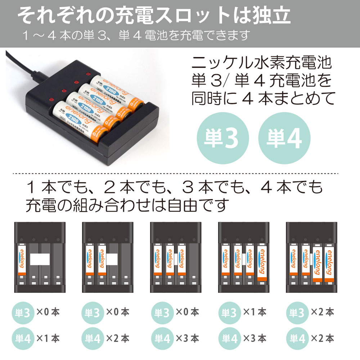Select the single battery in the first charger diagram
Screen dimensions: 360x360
click(22, 260)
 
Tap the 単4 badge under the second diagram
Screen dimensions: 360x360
click(93, 338)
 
